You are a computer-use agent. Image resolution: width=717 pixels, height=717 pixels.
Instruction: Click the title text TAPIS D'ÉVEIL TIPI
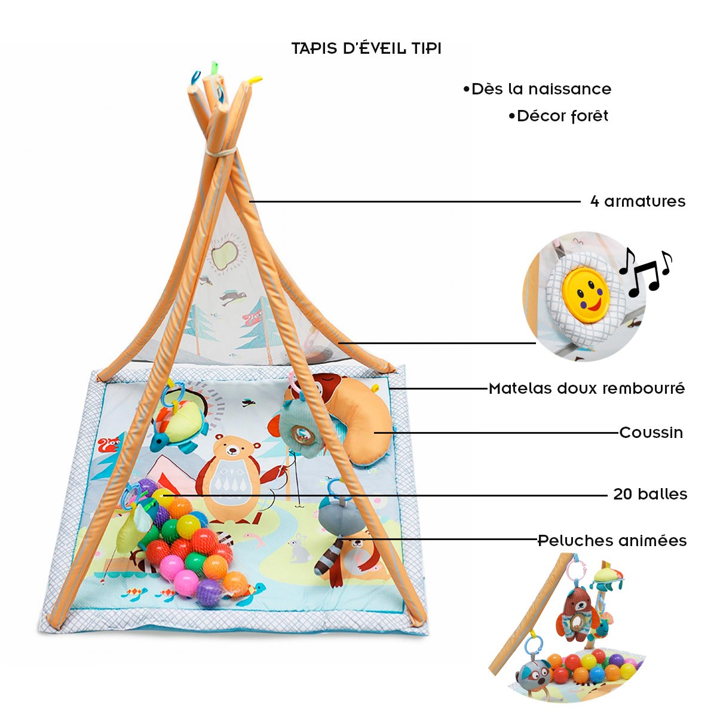pos(366,48)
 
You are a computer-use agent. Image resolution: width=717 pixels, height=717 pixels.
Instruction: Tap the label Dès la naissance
pos(538,90)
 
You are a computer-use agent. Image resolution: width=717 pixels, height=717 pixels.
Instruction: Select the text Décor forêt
pos(559,116)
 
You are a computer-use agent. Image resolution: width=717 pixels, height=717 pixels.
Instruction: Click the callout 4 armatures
pos(638,201)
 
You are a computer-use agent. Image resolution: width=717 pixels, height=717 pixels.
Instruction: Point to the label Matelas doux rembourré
pos(587,389)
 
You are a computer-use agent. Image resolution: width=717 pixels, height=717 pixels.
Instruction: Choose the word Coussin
pos(651,433)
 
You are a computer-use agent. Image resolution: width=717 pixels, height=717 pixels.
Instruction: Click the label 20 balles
pos(650,494)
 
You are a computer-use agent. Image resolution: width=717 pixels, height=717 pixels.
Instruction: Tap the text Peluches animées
pos(612,541)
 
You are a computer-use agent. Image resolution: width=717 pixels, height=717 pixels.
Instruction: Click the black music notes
pos(645,272)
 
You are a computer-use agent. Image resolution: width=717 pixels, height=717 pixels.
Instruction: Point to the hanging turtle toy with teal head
pos(179,424)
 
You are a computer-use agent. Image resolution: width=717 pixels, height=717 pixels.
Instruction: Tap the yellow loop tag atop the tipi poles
pos(256,79)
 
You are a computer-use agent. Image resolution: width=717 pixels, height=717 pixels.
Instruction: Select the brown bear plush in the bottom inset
pos(577,612)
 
